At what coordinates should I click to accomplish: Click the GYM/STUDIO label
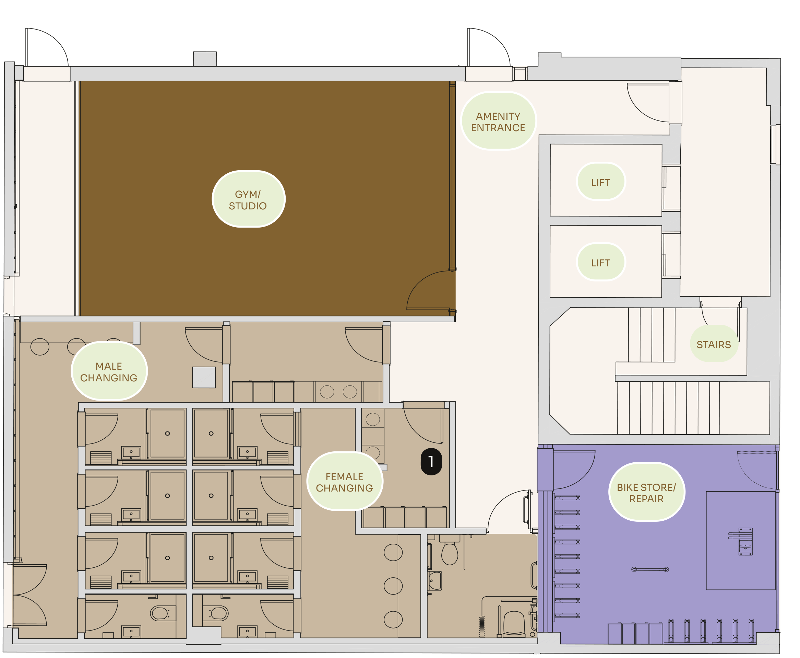tap(248, 199)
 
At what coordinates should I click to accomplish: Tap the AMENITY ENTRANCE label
tap(498, 121)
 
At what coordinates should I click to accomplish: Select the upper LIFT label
tap(600, 182)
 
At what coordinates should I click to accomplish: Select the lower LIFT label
tap(600, 262)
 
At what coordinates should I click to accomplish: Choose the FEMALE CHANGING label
tap(345, 482)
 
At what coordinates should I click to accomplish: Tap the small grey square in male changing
tap(204, 377)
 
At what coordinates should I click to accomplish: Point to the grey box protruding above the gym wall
tap(205, 59)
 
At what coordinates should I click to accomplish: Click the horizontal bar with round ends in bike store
tap(650, 569)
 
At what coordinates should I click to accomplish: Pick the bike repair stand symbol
tap(742, 541)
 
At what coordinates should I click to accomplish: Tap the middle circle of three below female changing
tap(393, 586)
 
